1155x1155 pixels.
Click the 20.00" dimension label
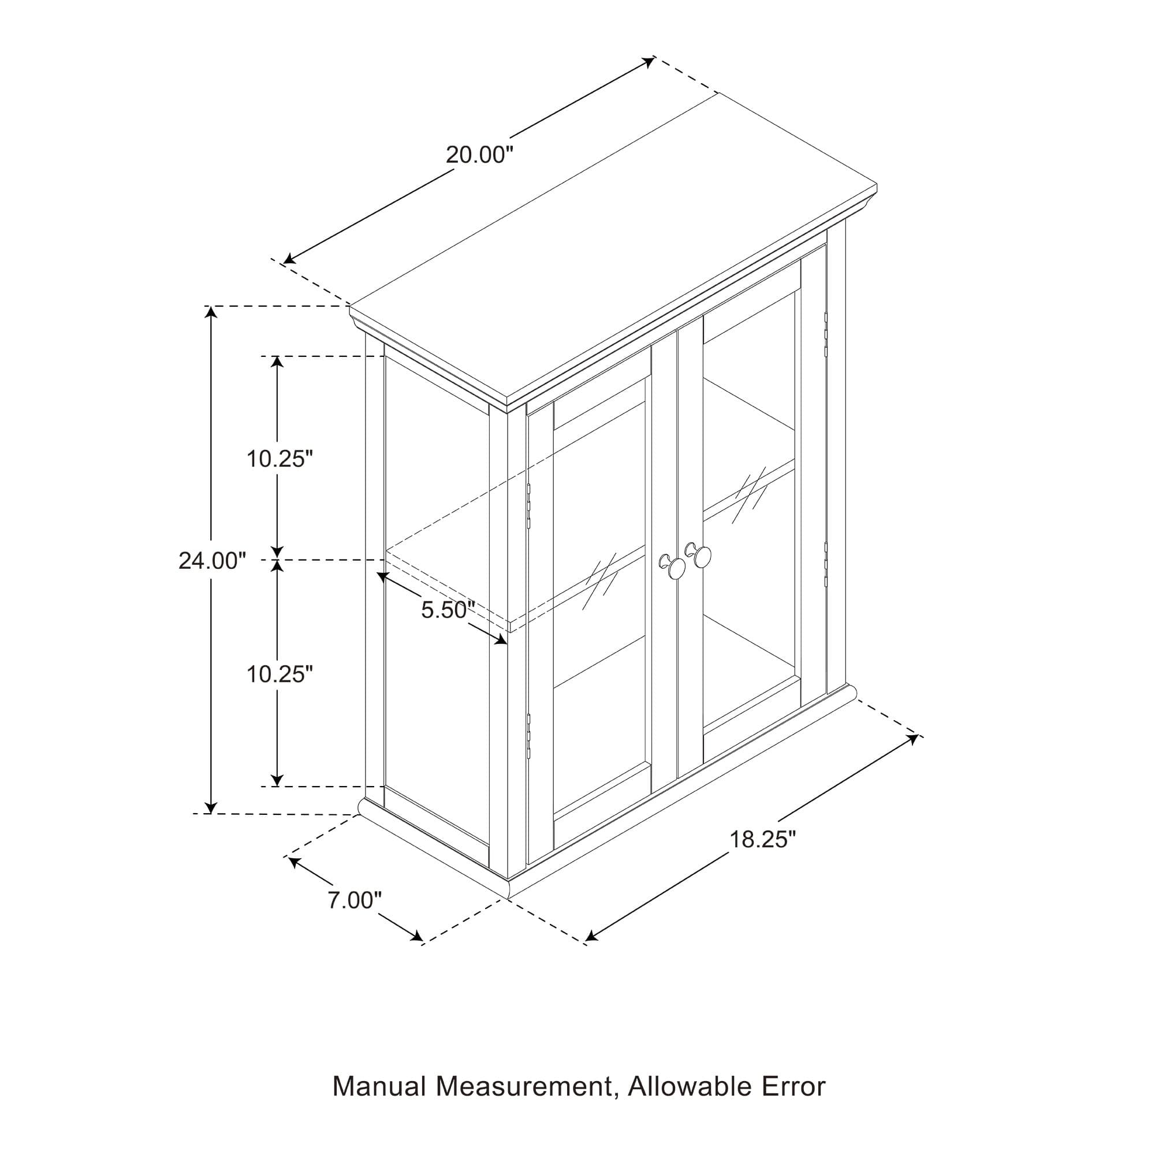(x=479, y=155)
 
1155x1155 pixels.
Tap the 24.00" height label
(x=212, y=561)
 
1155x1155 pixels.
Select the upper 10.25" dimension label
(x=280, y=459)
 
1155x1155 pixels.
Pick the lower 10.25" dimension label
(x=280, y=674)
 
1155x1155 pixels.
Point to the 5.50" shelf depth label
(x=448, y=610)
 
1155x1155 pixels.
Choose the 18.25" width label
(x=763, y=839)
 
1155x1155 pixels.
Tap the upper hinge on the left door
(x=528, y=506)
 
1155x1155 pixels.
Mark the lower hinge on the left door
(x=528, y=736)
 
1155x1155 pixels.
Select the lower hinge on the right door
(x=826, y=564)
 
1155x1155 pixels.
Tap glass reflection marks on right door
(x=751, y=491)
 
